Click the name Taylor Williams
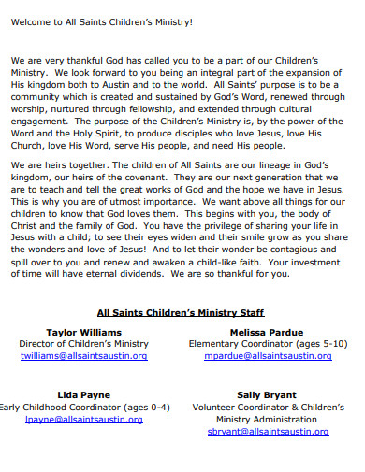point(83,333)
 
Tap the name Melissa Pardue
point(267,333)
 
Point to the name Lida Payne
point(84,395)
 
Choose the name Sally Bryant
point(267,395)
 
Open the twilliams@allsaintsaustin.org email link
point(84,357)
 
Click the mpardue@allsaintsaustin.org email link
point(268,357)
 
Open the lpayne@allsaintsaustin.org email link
point(84,420)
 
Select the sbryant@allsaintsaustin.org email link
point(268,432)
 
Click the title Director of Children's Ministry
point(84,345)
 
